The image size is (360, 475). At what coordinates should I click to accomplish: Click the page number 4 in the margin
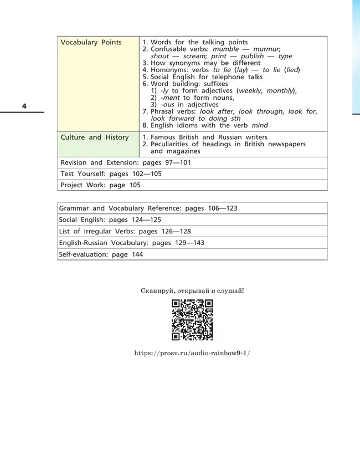click(24, 106)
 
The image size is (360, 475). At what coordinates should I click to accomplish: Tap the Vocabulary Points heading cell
click(91, 43)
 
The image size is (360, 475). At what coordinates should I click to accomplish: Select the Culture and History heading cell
click(94, 137)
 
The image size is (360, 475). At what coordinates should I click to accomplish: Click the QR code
click(192, 320)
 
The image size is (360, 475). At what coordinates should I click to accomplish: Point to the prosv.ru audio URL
click(192, 353)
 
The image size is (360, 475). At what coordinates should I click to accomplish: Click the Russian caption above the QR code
click(192, 290)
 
